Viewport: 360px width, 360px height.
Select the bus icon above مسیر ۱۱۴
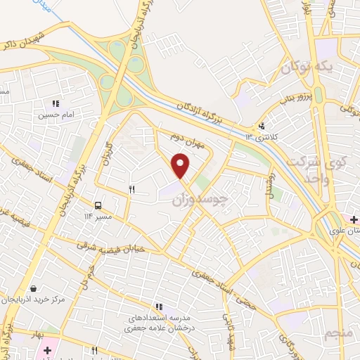point(98,206)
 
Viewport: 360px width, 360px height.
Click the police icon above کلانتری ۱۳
point(262,127)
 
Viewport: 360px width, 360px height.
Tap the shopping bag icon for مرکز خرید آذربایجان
point(33,288)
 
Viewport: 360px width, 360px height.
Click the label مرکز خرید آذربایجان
point(53,300)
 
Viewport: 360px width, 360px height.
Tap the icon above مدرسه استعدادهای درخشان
point(160,307)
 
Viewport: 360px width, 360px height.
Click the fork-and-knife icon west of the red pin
point(131,190)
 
